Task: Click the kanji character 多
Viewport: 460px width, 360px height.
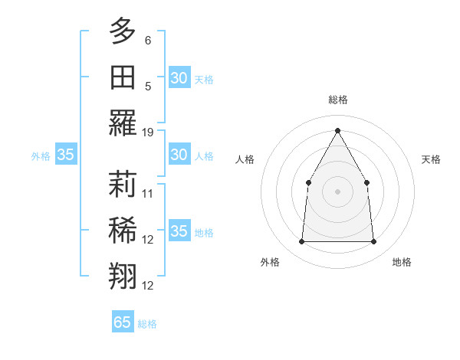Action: click(123, 31)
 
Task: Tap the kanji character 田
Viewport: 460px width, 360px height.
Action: click(123, 77)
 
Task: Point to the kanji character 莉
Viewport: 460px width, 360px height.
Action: click(123, 184)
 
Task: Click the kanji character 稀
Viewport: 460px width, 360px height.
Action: click(123, 230)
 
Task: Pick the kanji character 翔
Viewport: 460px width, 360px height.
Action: click(123, 276)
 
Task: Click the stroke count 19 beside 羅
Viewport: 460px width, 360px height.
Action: click(148, 132)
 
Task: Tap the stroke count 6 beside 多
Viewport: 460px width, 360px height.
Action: click(148, 40)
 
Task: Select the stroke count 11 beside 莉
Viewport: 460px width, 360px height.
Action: click(148, 193)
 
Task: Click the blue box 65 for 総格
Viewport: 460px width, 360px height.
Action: click(123, 322)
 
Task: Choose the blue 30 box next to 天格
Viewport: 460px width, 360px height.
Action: click(179, 78)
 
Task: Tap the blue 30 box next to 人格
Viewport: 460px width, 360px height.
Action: click(179, 155)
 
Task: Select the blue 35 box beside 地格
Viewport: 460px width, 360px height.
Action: click(179, 231)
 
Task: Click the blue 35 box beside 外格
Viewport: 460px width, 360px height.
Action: click(66, 155)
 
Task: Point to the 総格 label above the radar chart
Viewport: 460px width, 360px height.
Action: click(337, 100)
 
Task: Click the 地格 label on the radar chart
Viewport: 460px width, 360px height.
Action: click(402, 262)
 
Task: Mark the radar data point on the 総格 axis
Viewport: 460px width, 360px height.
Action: click(337, 129)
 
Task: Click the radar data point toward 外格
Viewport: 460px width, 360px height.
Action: click(301, 242)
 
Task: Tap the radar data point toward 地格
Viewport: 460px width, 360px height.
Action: click(373, 242)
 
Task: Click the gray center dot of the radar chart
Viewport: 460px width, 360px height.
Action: click(337, 191)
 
